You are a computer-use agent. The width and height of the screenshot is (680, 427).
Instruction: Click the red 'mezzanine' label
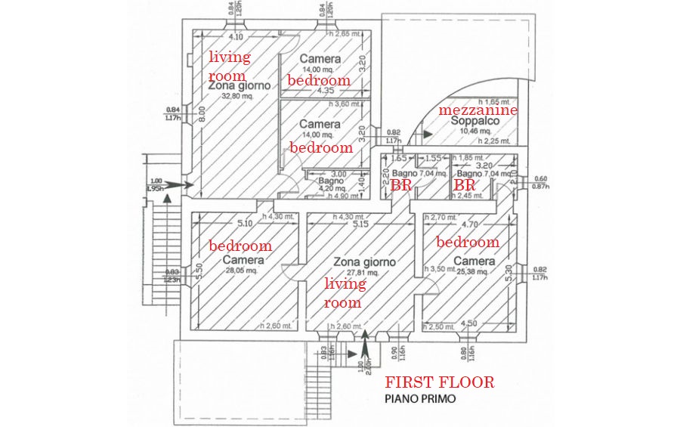pos(478,110)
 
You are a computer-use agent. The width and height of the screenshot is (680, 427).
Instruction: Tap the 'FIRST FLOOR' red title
pos(440,382)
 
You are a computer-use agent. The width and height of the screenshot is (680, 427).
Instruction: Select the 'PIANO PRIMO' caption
pos(420,399)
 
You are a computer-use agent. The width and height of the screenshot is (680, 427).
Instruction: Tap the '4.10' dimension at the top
pos(235,36)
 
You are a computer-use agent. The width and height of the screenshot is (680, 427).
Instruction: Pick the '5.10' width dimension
pos(244,224)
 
